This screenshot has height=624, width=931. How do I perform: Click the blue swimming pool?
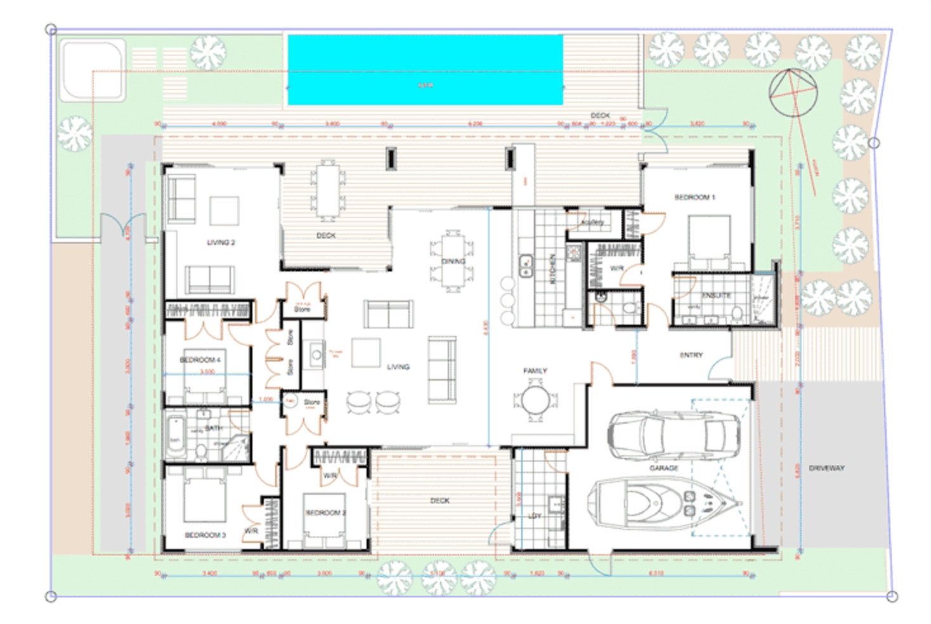[425, 70]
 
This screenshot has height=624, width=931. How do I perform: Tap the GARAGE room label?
[663, 468]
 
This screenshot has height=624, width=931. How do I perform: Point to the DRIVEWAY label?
[826, 468]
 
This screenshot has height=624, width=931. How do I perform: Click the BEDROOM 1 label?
[694, 197]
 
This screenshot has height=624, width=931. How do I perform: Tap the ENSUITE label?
[716, 296]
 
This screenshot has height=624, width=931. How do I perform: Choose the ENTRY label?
[691, 355]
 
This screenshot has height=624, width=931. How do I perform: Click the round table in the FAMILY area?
[535, 400]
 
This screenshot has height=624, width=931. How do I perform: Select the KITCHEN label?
[552, 269]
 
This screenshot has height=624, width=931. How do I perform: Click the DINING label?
[453, 261]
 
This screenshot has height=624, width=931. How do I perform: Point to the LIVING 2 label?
[221, 242]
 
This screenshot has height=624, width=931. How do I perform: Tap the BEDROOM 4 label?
[200, 360]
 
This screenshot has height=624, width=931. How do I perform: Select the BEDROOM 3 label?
[205, 535]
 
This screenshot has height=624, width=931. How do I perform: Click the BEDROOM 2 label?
[325, 512]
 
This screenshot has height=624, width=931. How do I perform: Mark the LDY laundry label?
[535, 516]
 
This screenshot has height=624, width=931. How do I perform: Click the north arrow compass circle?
[793, 93]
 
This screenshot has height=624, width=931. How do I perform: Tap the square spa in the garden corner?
[93, 69]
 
